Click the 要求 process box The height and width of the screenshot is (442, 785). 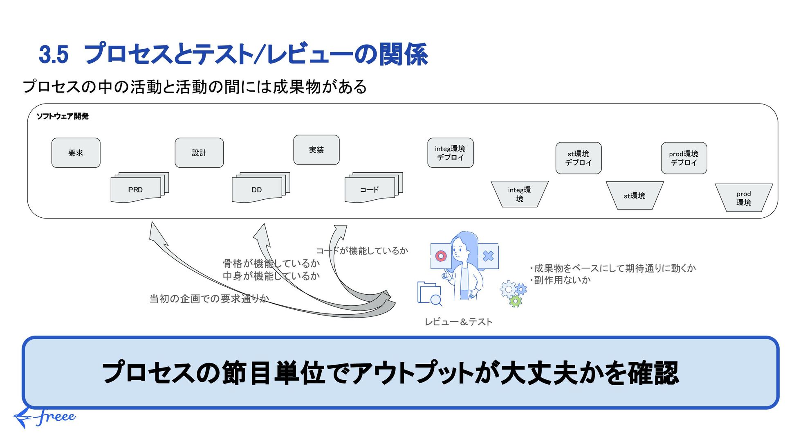pyautogui.click(x=76, y=153)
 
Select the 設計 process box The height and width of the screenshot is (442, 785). pyautogui.click(x=199, y=153)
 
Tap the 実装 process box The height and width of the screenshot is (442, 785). pyautogui.click(x=316, y=150)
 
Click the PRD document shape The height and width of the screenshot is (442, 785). pyautogui.click(x=136, y=189)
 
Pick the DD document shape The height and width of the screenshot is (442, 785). pyautogui.click(x=257, y=189)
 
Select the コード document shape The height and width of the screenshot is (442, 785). pyautogui.click(x=370, y=189)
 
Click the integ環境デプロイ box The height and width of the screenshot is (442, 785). pyautogui.click(x=450, y=153)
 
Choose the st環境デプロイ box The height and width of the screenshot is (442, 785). pyautogui.click(x=578, y=158)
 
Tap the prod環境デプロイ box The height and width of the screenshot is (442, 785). pyautogui.click(x=684, y=158)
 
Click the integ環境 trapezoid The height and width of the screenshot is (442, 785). pyautogui.click(x=519, y=194)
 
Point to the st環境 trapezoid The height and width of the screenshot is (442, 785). pyautogui.click(x=634, y=196)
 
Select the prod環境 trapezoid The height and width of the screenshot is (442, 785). pyautogui.click(x=744, y=198)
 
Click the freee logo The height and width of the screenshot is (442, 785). pyautogui.click(x=45, y=417)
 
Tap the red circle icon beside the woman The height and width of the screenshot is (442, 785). pyautogui.click(x=441, y=256)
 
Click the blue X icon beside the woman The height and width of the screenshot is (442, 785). pyautogui.click(x=488, y=256)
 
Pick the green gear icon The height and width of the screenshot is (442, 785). pyautogui.click(x=515, y=302)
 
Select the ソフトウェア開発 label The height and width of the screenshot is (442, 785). pyautogui.click(x=63, y=116)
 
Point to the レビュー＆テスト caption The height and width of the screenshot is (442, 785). pyautogui.click(x=458, y=322)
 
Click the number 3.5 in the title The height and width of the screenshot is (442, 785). pyautogui.click(x=54, y=54)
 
